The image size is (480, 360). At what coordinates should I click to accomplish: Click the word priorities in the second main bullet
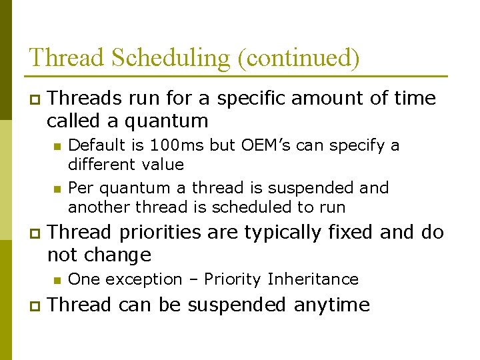pos(159,232)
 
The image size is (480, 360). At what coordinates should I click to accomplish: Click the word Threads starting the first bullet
pos(85,99)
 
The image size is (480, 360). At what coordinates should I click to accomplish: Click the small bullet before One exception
pos(57,280)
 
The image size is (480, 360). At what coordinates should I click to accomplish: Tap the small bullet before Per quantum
pos(57,189)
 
